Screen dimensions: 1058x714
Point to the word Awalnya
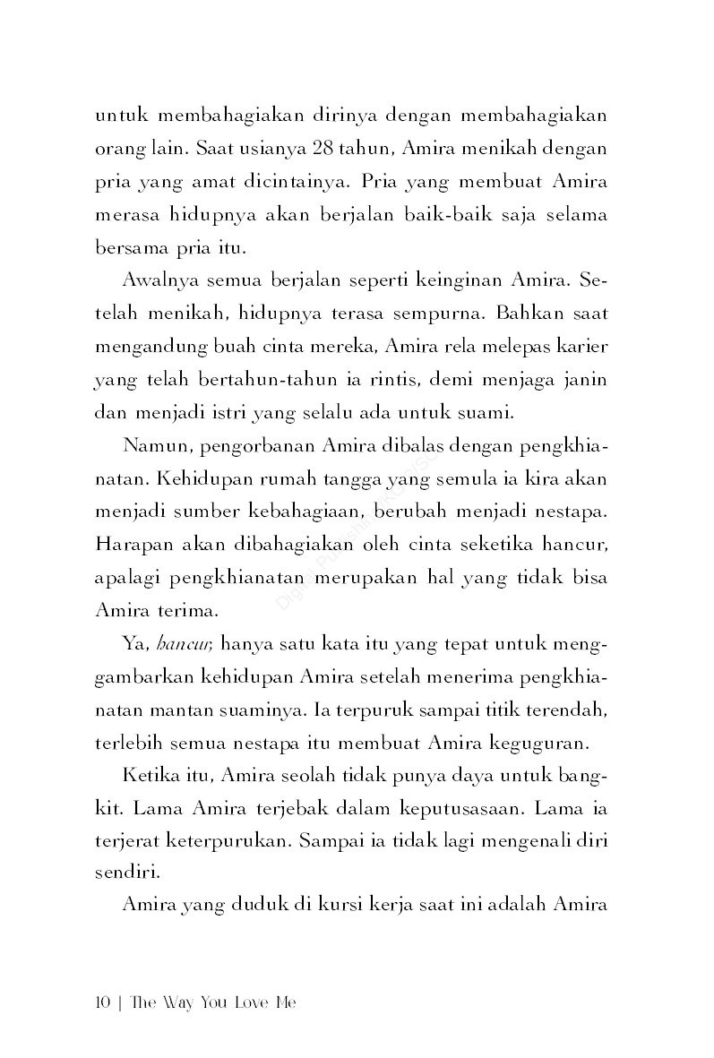tap(158, 280)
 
